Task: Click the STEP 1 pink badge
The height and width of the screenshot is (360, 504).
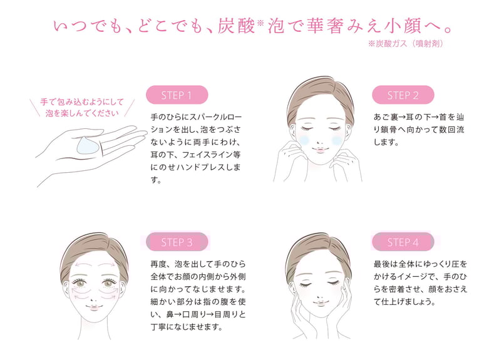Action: pos(177,95)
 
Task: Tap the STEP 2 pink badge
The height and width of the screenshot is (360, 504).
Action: pos(403,95)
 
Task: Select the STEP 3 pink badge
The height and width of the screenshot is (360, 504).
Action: pos(177,242)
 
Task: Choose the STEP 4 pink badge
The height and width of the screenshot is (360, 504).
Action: pos(403,242)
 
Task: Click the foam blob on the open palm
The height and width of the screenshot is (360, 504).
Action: pos(88,146)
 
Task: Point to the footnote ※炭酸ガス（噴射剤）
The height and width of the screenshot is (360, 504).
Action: pos(406,43)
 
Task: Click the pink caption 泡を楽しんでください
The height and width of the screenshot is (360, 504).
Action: pos(82,113)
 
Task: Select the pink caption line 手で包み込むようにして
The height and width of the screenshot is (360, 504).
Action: pos(82,102)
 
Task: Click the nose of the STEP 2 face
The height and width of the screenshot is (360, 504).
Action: pos(319,141)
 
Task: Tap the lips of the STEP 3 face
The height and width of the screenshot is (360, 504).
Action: pos(94,307)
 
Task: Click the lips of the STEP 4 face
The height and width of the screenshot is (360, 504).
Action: pos(320,302)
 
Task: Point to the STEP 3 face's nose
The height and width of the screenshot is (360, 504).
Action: pos(94,298)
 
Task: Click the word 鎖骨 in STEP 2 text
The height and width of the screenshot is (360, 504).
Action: pos(390,130)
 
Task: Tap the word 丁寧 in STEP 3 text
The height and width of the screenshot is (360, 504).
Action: pos(159,327)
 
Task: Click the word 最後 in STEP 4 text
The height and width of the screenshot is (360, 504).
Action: pos(382,264)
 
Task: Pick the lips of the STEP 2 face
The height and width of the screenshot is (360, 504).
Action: pos(319,150)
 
